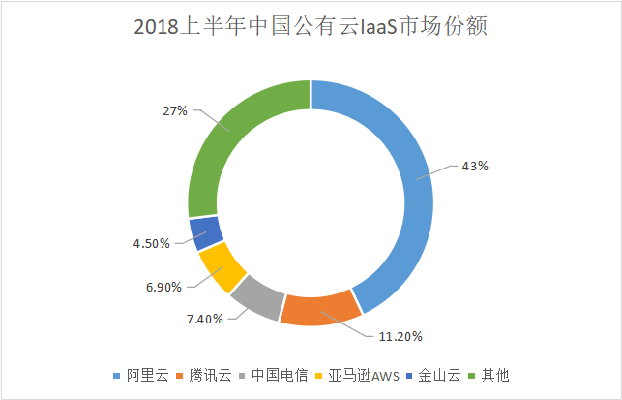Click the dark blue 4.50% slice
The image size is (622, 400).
coord(206,231)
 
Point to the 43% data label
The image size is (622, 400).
coord(475,166)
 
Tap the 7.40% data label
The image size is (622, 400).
coord(205,318)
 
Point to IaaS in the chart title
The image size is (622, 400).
coord(378,27)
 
